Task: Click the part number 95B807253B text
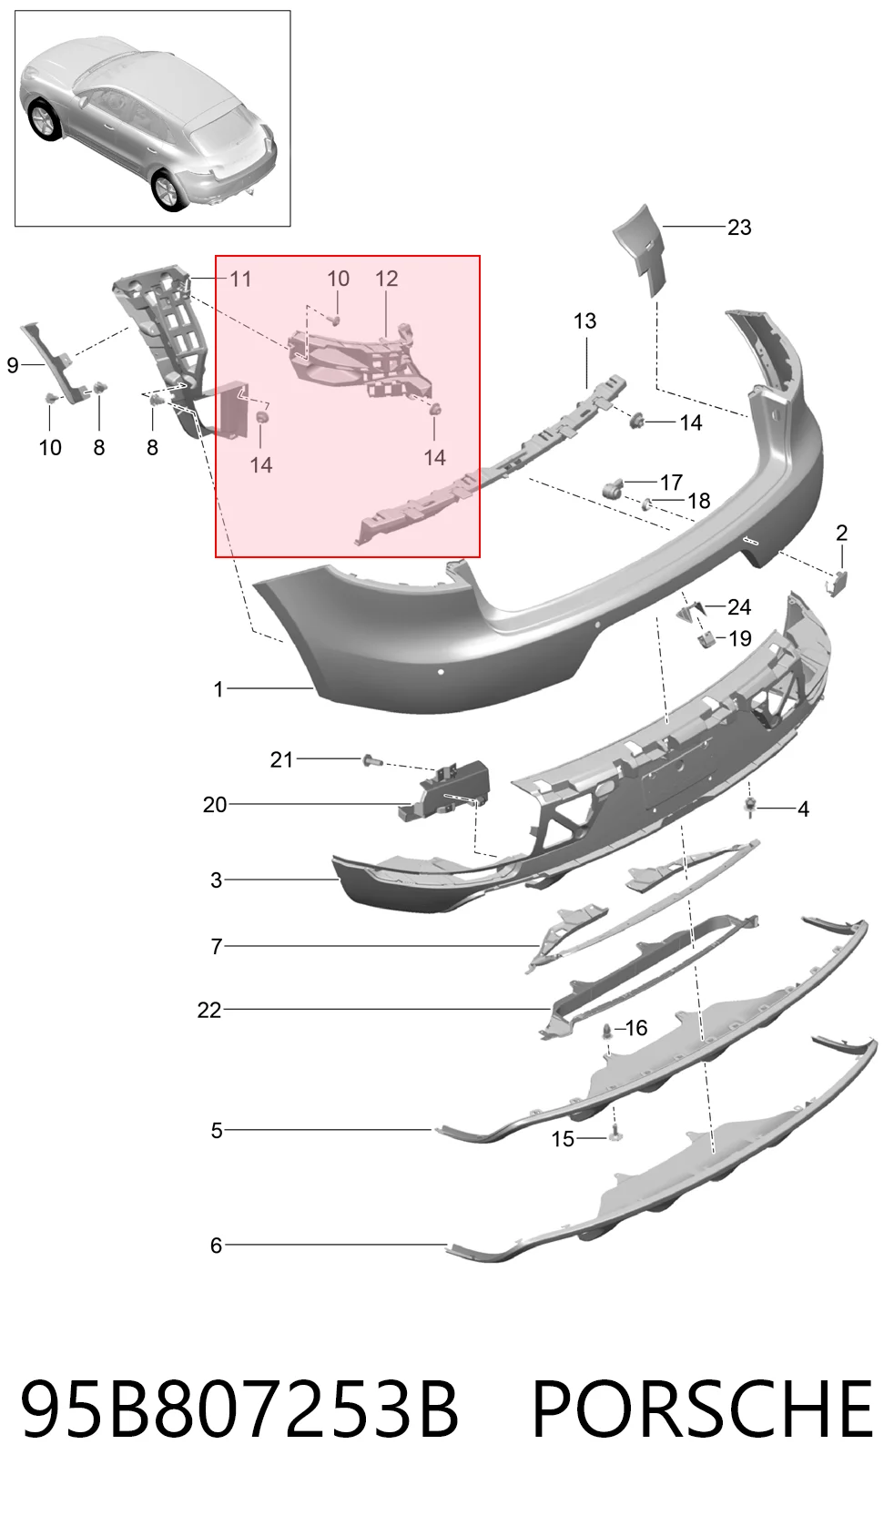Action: (239, 1409)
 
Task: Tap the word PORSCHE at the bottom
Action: (702, 1409)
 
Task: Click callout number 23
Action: (739, 228)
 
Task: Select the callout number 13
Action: (584, 320)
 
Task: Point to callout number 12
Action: (386, 279)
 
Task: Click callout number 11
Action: (240, 280)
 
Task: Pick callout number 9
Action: (12, 365)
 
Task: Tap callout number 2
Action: (841, 533)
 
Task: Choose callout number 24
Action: (739, 606)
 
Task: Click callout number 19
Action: (740, 638)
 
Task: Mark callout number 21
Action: (281, 759)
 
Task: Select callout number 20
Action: (215, 805)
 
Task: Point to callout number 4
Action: (803, 809)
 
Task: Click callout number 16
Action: (635, 1028)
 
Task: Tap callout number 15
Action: (563, 1139)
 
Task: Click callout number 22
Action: (209, 1010)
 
